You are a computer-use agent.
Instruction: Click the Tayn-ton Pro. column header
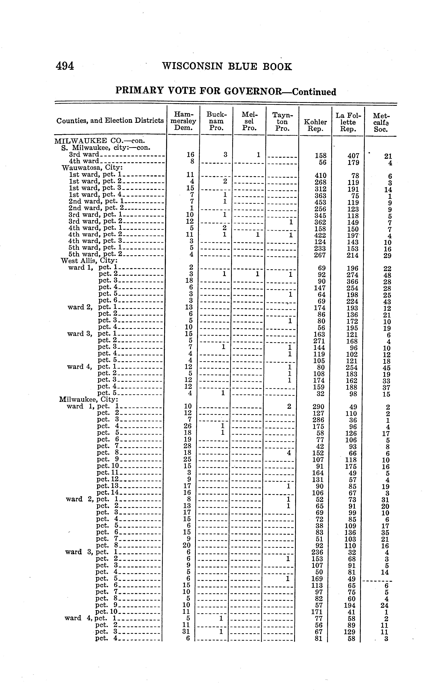282,121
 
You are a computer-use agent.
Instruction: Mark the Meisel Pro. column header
249,121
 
